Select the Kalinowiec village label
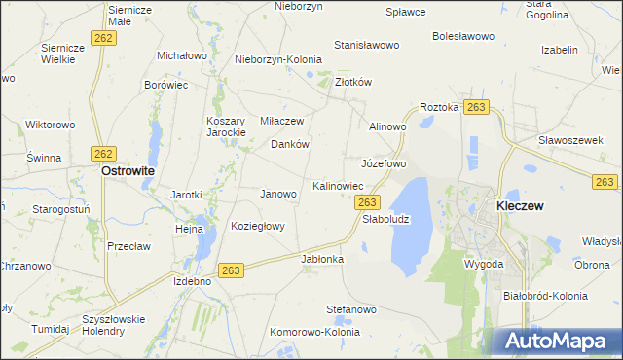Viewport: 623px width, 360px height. [x=338, y=185]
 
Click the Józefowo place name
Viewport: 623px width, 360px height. [x=384, y=162]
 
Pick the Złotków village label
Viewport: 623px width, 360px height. [x=353, y=83]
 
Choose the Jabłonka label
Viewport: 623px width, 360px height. [x=323, y=259]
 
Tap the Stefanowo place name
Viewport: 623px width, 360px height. [x=350, y=309]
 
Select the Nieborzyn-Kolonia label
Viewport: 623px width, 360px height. [x=278, y=58]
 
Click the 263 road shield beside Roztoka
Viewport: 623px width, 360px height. [x=476, y=106]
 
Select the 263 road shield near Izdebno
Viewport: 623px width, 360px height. [x=231, y=270]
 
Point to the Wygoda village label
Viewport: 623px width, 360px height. [x=484, y=264]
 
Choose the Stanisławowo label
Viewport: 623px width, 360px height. [x=367, y=45]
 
